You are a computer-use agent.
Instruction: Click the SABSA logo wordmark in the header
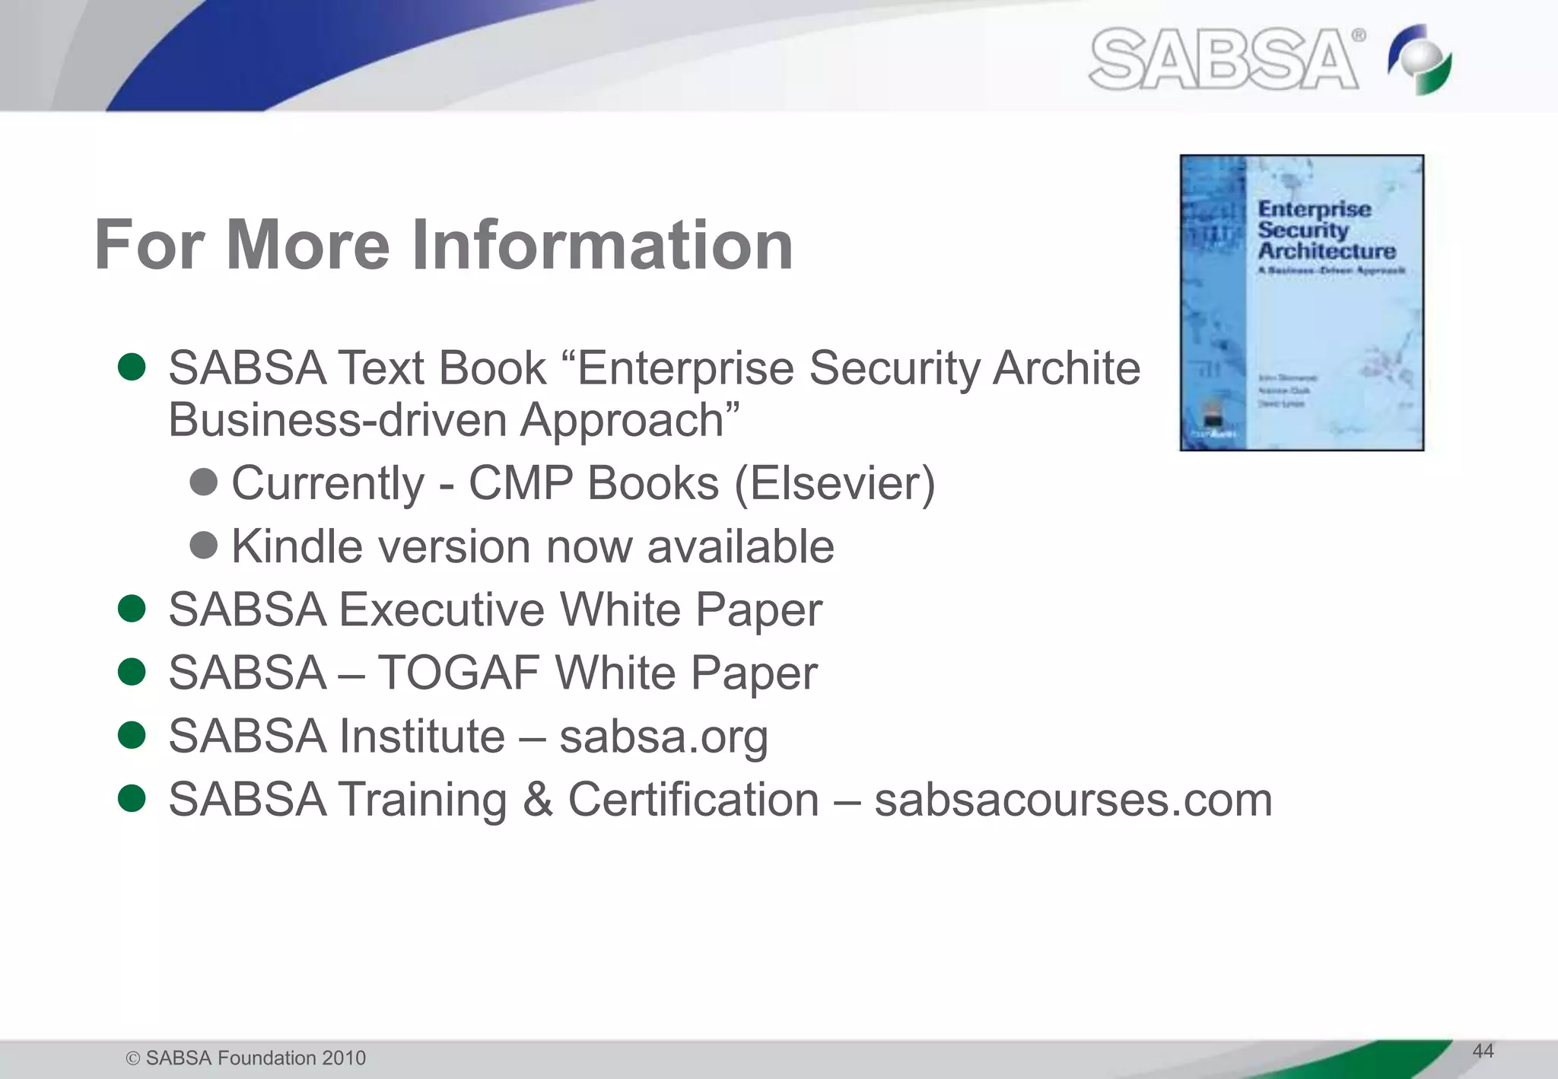tap(1224, 59)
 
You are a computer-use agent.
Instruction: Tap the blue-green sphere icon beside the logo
tap(1420, 59)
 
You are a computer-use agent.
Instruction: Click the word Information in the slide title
tap(603, 245)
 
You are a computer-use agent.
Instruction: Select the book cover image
tap(1302, 303)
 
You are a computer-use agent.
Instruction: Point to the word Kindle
tap(297, 546)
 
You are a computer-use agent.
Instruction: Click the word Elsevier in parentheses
tap(835, 483)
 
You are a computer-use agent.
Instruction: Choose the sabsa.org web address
tap(663, 737)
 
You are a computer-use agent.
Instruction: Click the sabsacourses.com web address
tap(1073, 800)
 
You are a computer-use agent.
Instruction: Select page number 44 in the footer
tap(1483, 1051)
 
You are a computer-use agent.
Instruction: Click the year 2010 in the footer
tap(344, 1058)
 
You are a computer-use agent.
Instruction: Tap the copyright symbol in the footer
tap(133, 1058)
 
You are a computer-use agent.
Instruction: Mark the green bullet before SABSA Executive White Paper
tap(132, 609)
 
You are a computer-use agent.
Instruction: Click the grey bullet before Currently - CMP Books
tap(204, 482)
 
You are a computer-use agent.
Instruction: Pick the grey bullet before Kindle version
tap(204, 545)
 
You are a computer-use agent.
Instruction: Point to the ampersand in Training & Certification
tap(538, 800)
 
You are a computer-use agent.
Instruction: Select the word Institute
tap(421, 737)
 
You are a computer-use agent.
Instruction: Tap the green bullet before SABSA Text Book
tap(132, 367)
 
